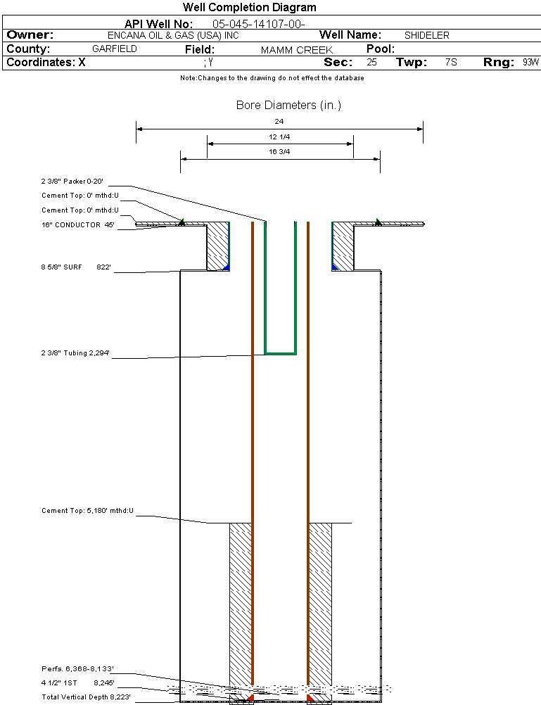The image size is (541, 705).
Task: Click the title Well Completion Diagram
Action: click(x=249, y=8)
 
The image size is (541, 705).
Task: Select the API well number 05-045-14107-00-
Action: click(x=258, y=24)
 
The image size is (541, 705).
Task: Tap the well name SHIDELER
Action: click(x=426, y=35)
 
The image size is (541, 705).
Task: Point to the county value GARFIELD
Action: click(x=115, y=49)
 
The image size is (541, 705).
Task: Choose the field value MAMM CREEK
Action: click(x=296, y=50)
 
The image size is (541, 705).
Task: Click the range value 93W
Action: click(x=530, y=63)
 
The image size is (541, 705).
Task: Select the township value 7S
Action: click(x=451, y=63)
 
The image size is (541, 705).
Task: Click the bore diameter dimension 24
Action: click(x=279, y=122)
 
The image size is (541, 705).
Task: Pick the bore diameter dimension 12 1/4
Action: click(x=279, y=136)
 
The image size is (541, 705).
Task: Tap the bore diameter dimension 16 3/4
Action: click(x=279, y=151)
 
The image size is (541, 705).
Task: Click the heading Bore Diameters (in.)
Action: click(x=288, y=106)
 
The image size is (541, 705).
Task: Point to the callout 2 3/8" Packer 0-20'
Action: click(x=72, y=181)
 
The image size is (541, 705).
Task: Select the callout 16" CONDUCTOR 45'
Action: click(x=78, y=225)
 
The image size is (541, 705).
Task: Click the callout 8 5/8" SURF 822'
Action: click(x=77, y=267)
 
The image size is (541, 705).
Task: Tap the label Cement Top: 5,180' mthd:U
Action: click(x=87, y=510)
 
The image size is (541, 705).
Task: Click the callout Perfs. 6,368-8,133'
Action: click(x=77, y=668)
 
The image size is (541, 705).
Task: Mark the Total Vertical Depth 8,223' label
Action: click(x=86, y=697)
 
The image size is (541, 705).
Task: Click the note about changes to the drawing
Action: click(x=272, y=78)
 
